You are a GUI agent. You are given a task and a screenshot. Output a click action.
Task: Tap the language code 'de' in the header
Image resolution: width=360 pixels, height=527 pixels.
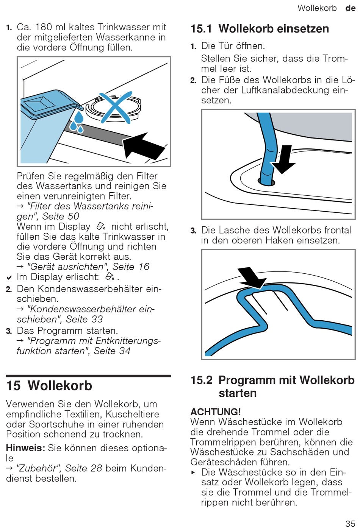[x=350, y=8]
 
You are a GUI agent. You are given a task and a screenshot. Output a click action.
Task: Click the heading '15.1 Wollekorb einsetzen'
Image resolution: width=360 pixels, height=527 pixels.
[x=260, y=29]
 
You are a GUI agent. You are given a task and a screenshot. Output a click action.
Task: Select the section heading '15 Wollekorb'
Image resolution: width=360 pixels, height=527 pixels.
[x=49, y=385]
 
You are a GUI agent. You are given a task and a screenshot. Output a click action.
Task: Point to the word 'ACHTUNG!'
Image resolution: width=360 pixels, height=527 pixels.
[x=216, y=412]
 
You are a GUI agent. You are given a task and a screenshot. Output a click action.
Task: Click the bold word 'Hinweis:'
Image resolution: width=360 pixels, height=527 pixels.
[x=25, y=448]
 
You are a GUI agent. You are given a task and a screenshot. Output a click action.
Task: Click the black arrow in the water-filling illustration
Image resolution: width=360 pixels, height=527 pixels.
[x=144, y=145]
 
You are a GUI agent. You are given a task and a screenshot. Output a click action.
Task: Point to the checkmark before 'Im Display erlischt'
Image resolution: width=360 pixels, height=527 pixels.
[x=9, y=278]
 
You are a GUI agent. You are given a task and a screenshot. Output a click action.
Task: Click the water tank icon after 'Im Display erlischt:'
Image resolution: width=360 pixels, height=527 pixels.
[x=110, y=277]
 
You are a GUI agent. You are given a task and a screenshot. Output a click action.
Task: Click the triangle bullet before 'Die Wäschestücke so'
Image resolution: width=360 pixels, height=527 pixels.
[x=193, y=472]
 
